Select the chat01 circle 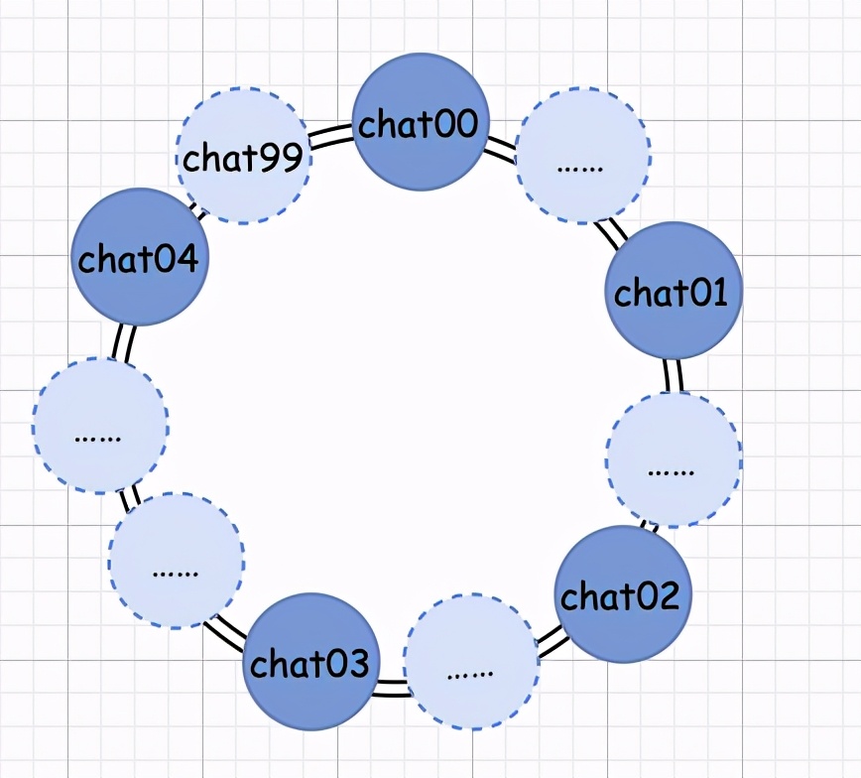[x=674, y=290]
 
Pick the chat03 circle [x=311, y=661]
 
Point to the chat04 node [x=139, y=257]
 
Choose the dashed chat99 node [x=243, y=157]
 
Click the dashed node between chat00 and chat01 [x=584, y=155]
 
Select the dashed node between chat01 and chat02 [x=674, y=459]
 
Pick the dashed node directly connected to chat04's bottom [x=100, y=425]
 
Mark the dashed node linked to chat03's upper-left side [x=177, y=560]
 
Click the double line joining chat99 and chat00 [x=331, y=137]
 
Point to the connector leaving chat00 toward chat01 [x=501, y=151]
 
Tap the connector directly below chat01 [x=673, y=375]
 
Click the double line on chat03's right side [x=391, y=688]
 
